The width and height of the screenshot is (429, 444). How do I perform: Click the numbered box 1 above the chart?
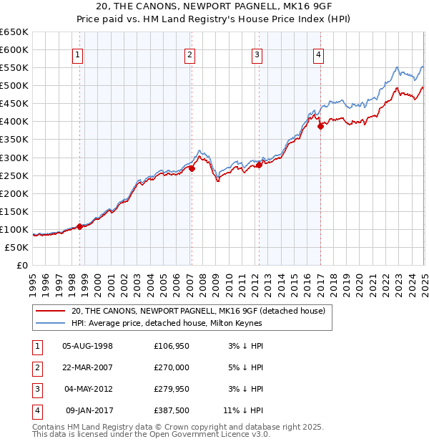(77, 55)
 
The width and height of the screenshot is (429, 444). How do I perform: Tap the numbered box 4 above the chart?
(318, 55)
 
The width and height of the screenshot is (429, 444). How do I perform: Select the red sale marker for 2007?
(192, 168)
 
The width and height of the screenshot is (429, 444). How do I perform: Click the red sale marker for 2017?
(320, 125)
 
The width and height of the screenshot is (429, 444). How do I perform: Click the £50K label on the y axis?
(17, 247)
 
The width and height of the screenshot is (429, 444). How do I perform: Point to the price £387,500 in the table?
(172, 410)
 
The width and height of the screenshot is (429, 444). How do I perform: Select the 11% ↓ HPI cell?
(243, 410)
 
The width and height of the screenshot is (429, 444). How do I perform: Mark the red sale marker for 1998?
(79, 226)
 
